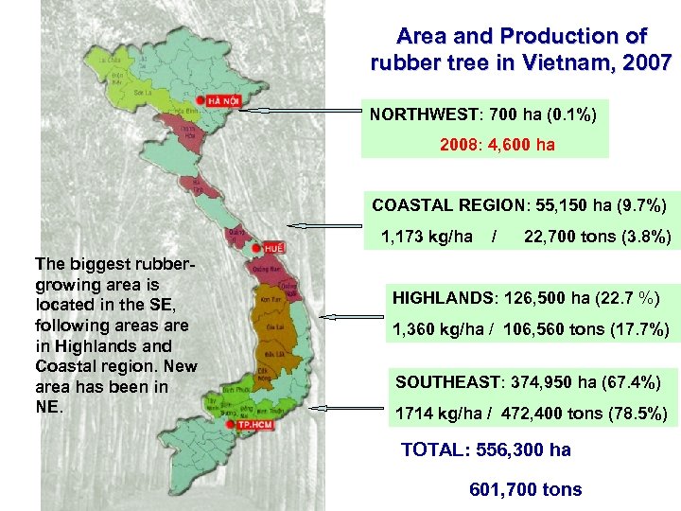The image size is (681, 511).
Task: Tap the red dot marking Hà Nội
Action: coord(201,100)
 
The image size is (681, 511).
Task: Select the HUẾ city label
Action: coord(274,246)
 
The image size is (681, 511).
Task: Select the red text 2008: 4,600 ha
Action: coord(498,145)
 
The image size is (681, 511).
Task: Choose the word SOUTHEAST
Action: coord(439,382)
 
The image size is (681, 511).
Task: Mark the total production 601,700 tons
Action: coord(525,488)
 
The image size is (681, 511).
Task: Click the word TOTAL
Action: coord(430,450)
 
